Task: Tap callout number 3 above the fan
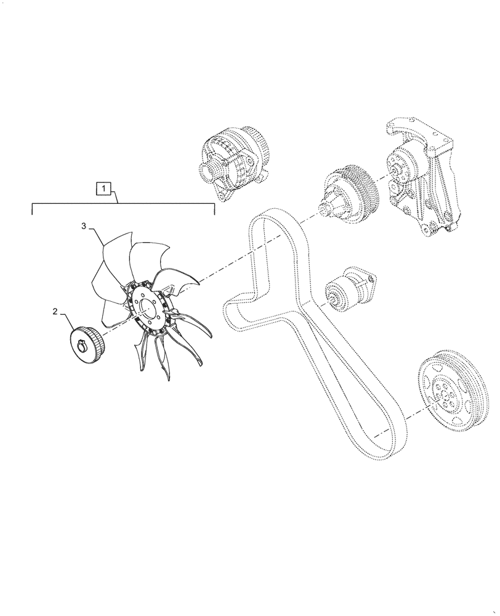(x=84, y=227)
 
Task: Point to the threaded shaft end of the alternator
(x=204, y=171)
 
